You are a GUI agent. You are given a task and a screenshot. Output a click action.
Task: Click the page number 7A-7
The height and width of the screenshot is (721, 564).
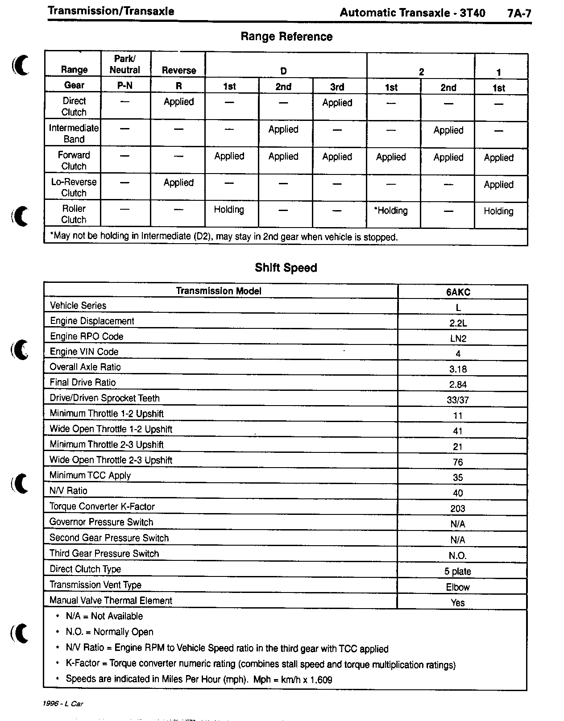519,13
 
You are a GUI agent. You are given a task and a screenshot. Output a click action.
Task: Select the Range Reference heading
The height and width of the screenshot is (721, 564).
286,37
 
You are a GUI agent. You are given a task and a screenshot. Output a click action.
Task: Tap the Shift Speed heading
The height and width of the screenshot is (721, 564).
286,268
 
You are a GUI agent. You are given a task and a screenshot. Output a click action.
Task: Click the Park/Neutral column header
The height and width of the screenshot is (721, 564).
125,64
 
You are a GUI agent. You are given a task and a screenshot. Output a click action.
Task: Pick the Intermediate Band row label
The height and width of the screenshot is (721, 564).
74,133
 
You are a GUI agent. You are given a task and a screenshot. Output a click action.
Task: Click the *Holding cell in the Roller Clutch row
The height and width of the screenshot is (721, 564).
391,211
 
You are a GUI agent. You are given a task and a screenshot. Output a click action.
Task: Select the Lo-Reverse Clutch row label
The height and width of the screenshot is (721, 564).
74,187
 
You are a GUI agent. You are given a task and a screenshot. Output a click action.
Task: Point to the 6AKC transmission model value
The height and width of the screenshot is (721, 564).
458,292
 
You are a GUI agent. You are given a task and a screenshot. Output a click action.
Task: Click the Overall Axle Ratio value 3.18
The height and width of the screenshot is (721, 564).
458,369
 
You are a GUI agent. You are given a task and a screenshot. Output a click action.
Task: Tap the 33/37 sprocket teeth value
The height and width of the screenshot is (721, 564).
458,400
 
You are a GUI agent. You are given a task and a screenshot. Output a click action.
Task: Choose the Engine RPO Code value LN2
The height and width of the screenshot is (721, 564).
458,339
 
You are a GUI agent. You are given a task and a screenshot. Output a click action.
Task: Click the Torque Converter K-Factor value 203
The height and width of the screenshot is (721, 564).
458,509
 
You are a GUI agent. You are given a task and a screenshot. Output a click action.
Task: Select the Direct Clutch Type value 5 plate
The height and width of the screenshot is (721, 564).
458,572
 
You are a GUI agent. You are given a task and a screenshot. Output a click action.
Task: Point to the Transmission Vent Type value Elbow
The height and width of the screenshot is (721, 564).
458,587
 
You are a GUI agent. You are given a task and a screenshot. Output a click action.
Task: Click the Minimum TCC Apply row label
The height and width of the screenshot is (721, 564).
90,475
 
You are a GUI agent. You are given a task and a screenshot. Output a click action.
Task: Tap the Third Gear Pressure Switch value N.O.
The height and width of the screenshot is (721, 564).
458,556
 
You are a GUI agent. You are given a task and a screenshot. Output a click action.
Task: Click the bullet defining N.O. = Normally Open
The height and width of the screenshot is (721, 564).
109,632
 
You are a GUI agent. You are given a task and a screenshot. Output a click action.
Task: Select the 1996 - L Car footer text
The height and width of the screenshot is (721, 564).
63,704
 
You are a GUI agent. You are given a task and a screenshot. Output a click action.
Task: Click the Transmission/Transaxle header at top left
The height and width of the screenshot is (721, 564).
111,11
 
